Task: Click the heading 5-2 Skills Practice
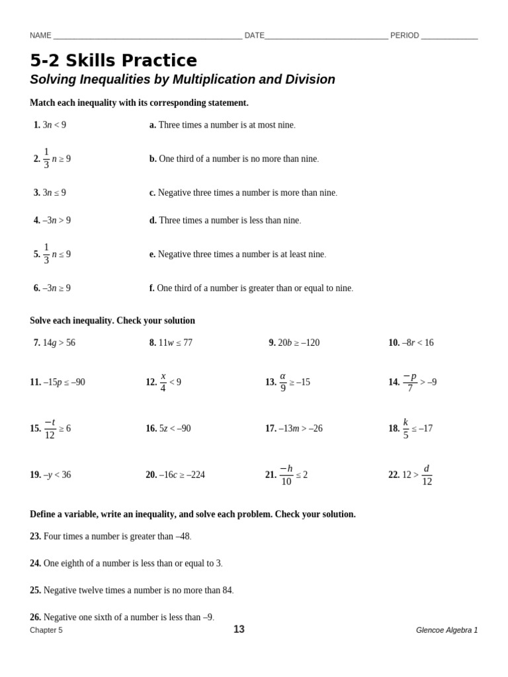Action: (x=113, y=61)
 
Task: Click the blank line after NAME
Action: (x=147, y=36)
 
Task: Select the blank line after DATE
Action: (x=326, y=36)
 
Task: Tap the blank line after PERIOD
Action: (x=449, y=36)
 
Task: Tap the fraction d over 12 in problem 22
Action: (x=427, y=475)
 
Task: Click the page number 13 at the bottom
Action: (x=239, y=629)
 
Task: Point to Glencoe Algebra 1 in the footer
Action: (x=446, y=630)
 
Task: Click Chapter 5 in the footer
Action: (x=46, y=630)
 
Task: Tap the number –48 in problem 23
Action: (x=183, y=536)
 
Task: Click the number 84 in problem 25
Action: (x=227, y=590)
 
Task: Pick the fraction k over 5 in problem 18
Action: (x=405, y=428)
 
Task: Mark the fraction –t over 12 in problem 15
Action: (x=50, y=428)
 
